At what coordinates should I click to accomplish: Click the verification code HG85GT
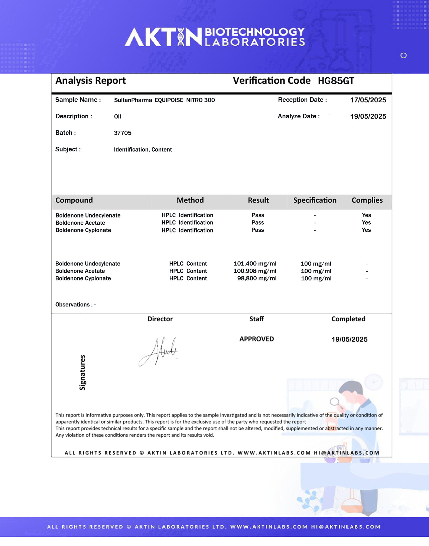tap(336, 81)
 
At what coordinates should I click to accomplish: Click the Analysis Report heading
tap(90, 81)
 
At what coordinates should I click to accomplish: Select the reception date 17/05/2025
tap(368, 100)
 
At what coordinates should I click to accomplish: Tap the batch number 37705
tap(123, 133)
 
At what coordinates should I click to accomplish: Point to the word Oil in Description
tap(117, 117)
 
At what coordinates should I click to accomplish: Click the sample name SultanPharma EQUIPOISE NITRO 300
tap(164, 100)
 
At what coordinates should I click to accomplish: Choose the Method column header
tap(190, 200)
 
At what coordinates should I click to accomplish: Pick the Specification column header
tap(315, 200)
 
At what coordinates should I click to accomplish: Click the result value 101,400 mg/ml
tap(255, 264)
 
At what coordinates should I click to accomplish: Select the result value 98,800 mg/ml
tap(257, 279)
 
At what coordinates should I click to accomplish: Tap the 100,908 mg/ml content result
tap(255, 271)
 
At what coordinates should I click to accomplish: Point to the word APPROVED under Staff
tap(256, 339)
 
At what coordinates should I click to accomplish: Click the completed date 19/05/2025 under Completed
tap(349, 339)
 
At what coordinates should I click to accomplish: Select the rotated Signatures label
tap(82, 372)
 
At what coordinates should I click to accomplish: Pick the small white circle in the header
tap(404, 55)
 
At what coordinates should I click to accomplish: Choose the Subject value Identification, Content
tap(143, 150)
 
